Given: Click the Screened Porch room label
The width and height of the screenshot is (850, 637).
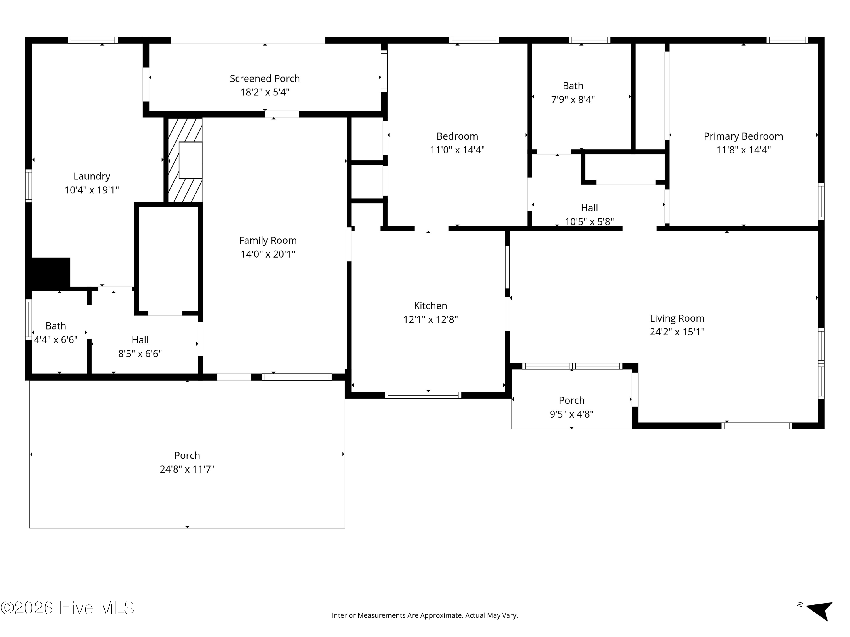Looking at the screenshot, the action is [x=265, y=78].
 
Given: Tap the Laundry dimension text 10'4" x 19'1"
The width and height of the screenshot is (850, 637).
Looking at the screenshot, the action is [x=92, y=190].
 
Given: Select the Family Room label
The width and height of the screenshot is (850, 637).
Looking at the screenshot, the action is [x=268, y=240].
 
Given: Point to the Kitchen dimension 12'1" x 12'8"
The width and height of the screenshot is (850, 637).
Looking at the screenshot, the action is [x=430, y=319].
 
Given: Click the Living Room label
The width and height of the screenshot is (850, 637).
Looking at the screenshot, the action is [x=677, y=318].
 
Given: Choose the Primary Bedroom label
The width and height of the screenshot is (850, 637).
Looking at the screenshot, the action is [x=743, y=136].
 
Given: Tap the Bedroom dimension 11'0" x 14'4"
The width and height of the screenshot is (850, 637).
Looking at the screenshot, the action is [x=457, y=150].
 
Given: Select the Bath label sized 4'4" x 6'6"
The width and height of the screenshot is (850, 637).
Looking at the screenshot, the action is [x=56, y=326].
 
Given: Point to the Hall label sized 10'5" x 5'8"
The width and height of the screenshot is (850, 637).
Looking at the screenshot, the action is [x=589, y=208].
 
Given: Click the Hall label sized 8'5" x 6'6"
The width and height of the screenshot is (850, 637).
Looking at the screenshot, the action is [x=140, y=340].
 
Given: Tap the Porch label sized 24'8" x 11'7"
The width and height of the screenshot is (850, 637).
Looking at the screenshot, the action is [x=187, y=455].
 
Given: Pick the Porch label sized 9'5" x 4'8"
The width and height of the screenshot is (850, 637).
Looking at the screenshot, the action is [x=572, y=401].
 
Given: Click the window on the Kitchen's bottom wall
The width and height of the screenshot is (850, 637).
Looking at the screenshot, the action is [x=423, y=395].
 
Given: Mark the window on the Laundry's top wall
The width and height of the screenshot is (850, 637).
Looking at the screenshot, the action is [x=93, y=40].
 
